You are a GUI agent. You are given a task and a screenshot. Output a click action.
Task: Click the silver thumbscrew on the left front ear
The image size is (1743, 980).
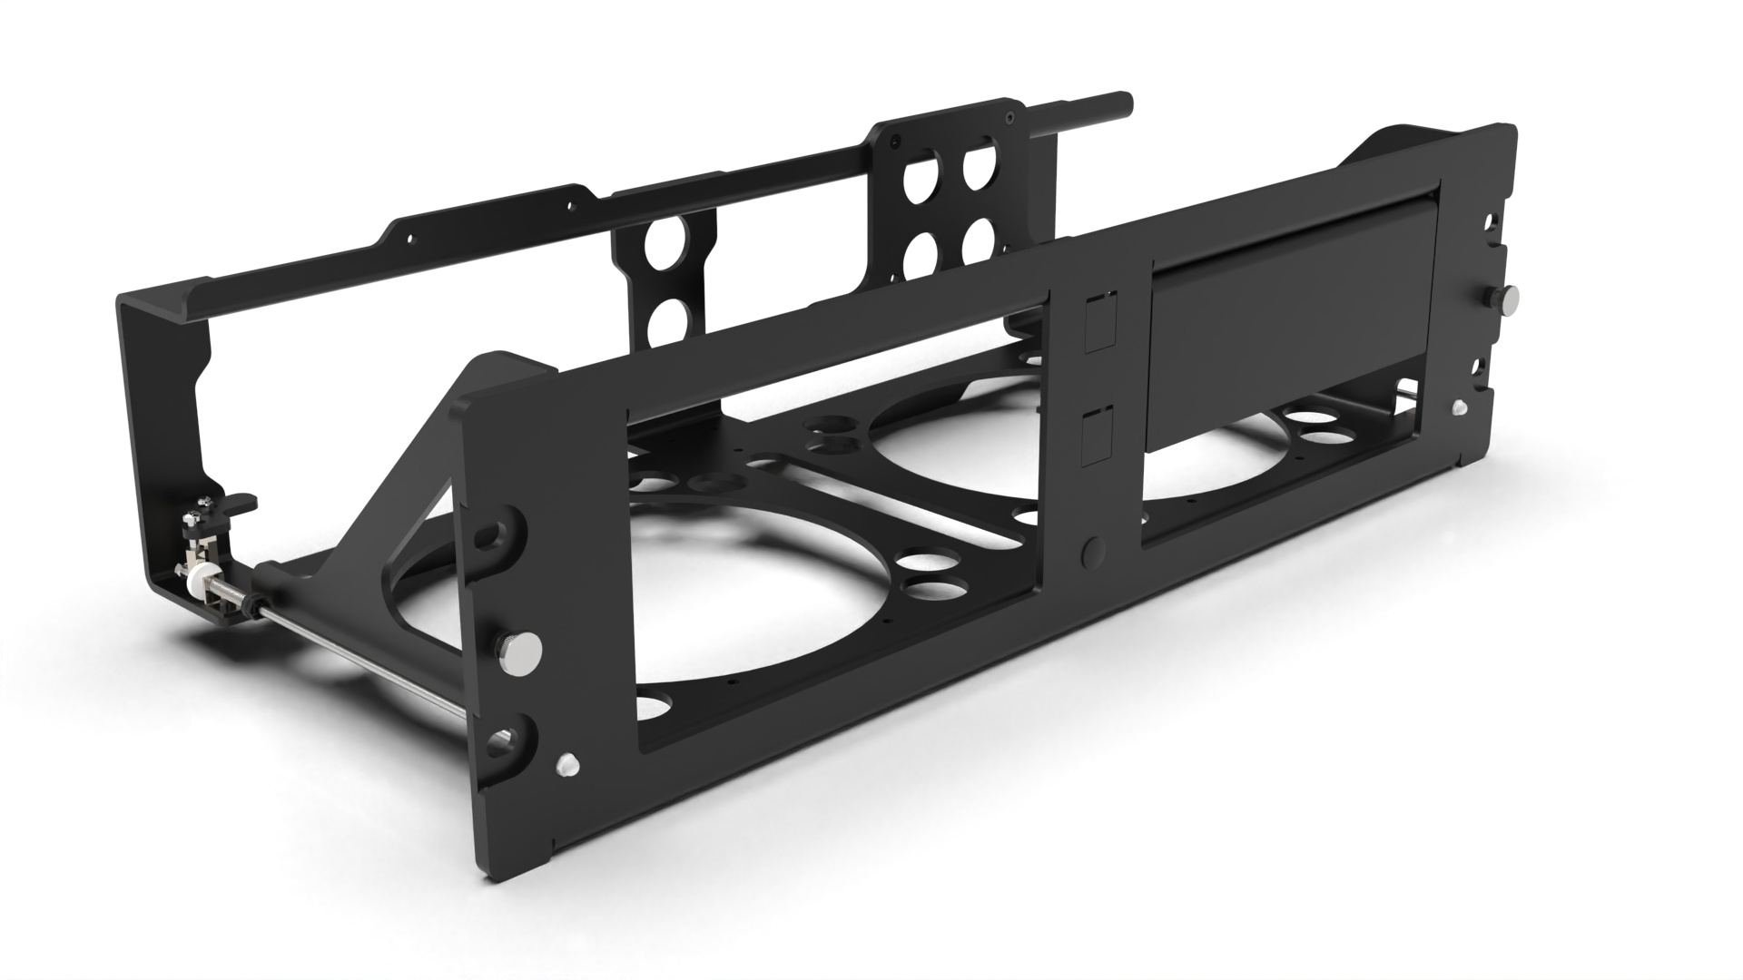[x=519, y=647]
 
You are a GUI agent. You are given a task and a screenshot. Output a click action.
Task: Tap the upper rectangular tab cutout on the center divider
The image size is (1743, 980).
[x=1098, y=322]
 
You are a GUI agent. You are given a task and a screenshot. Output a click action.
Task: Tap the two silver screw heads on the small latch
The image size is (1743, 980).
[x=194, y=519]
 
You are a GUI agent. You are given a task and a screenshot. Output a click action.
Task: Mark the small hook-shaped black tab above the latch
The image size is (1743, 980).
[x=241, y=501]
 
